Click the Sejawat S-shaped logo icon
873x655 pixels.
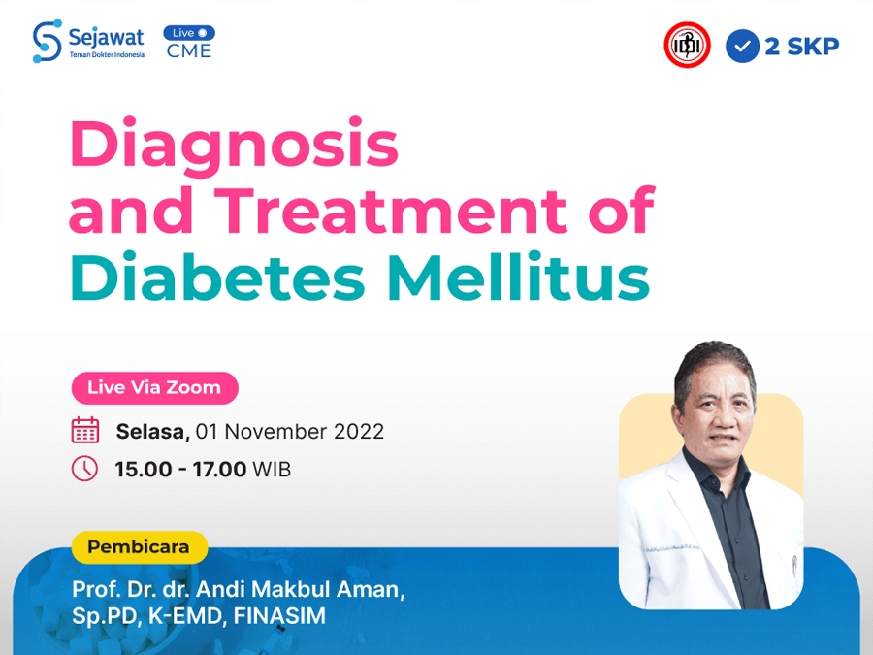pos(47,42)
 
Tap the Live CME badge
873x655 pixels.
pos(189,42)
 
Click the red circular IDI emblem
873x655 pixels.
pos(687,45)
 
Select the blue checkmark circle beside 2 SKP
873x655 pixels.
pos(742,47)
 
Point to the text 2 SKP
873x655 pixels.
pos(802,47)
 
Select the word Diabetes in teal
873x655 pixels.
pos(217,277)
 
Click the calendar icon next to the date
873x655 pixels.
pos(85,430)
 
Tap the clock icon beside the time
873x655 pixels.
pos(84,469)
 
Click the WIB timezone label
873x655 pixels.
pos(272,470)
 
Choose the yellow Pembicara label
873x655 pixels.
pos(139,547)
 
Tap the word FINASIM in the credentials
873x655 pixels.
pos(279,616)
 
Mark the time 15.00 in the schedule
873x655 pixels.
pos(144,470)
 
